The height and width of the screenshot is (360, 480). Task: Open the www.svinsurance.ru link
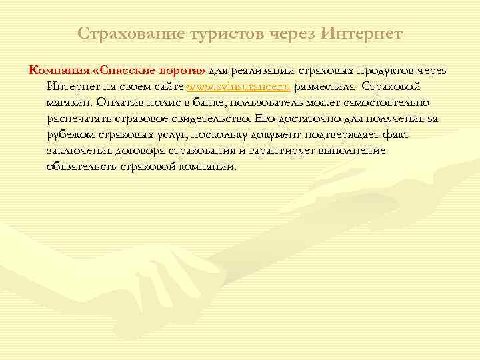click(239, 87)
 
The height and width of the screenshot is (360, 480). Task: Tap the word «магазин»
click(69, 103)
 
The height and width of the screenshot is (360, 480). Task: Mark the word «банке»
click(206, 103)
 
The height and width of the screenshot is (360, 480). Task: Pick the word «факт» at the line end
click(395, 135)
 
